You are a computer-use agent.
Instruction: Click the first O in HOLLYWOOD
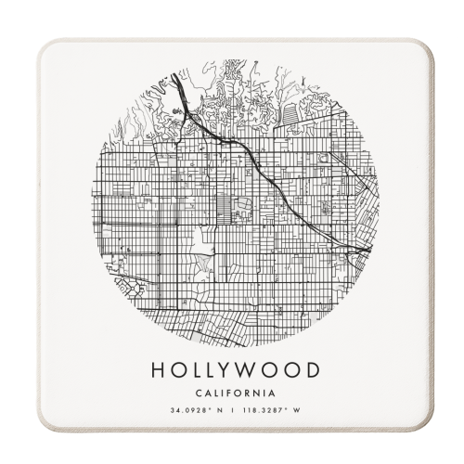[176, 369]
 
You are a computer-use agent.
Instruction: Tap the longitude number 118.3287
[268, 411]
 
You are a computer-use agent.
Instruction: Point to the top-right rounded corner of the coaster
[425, 46]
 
